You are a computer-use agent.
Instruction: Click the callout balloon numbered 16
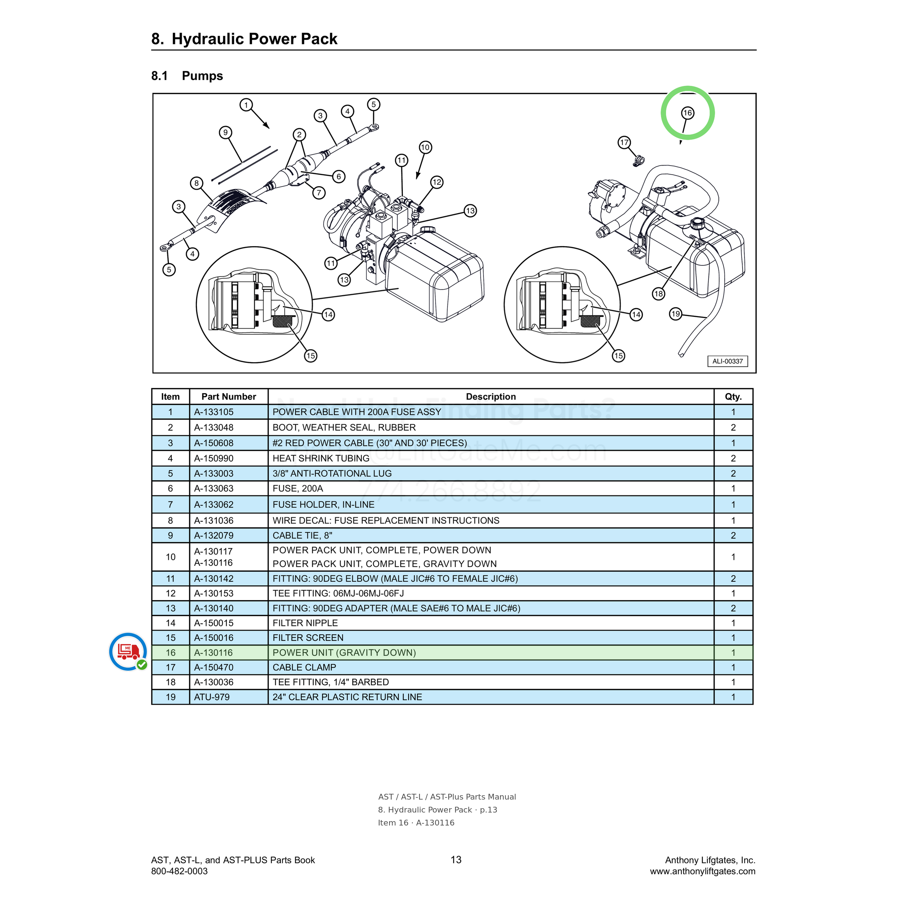point(688,113)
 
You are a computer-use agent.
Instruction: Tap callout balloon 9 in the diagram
point(225,132)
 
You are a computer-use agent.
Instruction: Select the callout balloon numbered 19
point(675,314)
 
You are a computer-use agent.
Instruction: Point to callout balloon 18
point(658,293)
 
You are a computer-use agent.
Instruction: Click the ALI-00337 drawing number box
point(728,361)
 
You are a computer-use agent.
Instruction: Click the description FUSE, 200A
point(298,488)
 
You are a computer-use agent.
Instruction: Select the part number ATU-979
point(212,697)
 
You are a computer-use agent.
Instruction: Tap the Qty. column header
point(733,396)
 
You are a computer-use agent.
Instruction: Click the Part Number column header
point(229,396)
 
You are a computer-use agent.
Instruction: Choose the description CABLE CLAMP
point(304,667)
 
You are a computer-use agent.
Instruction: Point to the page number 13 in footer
point(456,859)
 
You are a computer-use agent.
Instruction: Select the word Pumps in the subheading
point(202,76)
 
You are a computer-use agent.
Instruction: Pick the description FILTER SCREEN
point(308,637)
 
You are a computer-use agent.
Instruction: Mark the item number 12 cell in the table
point(171,593)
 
